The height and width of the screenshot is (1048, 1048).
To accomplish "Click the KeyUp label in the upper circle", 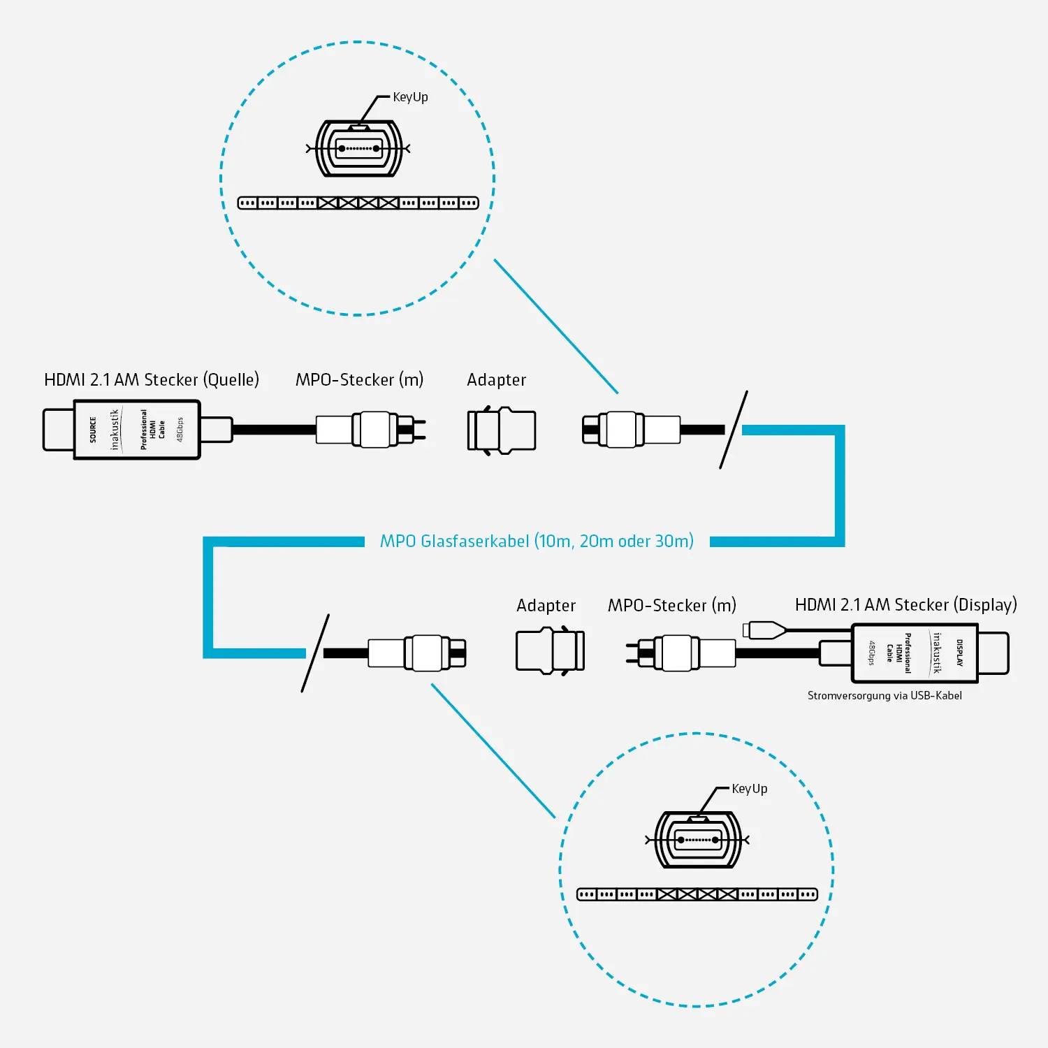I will pyautogui.click(x=410, y=97).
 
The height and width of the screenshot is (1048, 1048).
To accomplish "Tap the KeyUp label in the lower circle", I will pyautogui.click(x=749, y=789).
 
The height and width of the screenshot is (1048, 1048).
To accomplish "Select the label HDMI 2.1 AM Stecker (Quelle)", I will pyautogui.click(x=152, y=379).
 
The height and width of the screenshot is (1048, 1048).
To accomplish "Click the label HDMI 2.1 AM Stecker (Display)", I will pyautogui.click(x=905, y=604).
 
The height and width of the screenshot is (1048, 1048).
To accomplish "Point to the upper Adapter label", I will pyautogui.click(x=496, y=380).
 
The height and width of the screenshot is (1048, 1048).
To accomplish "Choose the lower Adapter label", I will pyautogui.click(x=546, y=606).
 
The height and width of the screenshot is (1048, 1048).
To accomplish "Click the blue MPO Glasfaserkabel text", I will pyautogui.click(x=537, y=541).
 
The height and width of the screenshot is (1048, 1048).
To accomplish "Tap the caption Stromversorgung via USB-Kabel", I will pyautogui.click(x=885, y=696).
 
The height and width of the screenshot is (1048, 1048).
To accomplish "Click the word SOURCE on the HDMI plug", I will pyautogui.click(x=93, y=430).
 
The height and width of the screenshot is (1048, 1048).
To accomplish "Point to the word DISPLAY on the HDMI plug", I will pyautogui.click(x=960, y=653).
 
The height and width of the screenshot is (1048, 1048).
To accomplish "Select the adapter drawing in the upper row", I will pyautogui.click(x=501, y=430).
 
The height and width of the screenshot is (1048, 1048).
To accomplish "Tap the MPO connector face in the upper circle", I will pyautogui.click(x=358, y=149).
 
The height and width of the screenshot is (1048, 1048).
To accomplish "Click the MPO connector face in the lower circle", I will pyautogui.click(x=697, y=840).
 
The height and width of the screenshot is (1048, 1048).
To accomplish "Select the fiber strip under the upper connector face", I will pyautogui.click(x=358, y=203).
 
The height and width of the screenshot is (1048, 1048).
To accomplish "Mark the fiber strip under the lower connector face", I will pyautogui.click(x=697, y=894).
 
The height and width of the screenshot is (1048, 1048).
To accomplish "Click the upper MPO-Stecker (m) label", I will pyautogui.click(x=359, y=380).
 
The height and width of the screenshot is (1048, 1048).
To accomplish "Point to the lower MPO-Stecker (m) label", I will pyautogui.click(x=671, y=606).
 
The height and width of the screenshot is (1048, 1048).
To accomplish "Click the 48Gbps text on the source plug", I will pyautogui.click(x=180, y=430).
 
